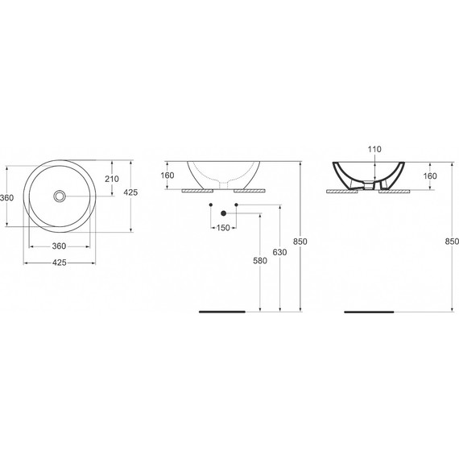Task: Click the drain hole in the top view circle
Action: (x=60, y=196)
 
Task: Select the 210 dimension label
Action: (x=112, y=179)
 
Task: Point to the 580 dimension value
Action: (x=259, y=260)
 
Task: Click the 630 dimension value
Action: (x=279, y=253)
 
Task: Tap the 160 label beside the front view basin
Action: (x=167, y=175)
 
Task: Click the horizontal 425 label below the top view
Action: (x=60, y=263)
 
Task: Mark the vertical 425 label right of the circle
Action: (x=131, y=192)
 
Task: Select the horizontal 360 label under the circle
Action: (x=60, y=246)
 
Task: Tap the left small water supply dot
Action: (x=209, y=207)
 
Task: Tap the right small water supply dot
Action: (x=235, y=207)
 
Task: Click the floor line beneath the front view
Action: (x=222, y=311)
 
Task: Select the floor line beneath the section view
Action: (x=370, y=311)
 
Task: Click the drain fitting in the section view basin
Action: (x=370, y=184)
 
